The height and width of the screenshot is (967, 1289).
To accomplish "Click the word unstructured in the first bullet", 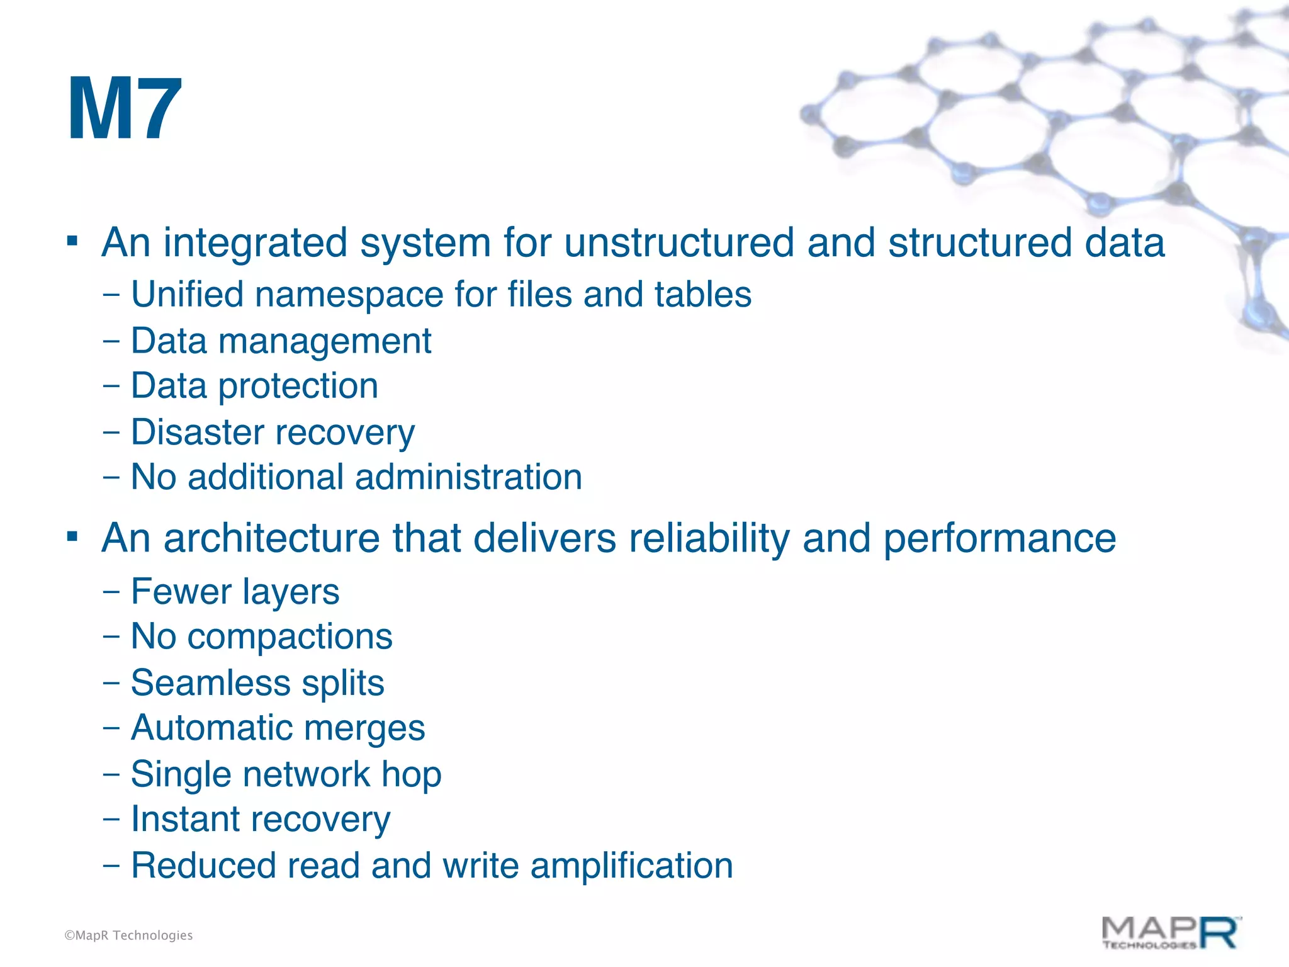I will [678, 242].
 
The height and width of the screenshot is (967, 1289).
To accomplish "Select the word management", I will [325, 342].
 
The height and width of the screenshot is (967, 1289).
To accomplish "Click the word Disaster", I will [198, 433].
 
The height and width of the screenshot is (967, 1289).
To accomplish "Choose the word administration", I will [468, 477].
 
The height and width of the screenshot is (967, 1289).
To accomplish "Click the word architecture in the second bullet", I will [271, 538].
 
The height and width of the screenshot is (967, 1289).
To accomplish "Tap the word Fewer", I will [181, 592].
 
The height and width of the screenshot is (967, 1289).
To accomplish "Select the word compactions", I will [290, 636].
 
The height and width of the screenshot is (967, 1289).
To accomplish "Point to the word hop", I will [412, 775].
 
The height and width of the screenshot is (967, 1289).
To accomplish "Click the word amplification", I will [631, 866].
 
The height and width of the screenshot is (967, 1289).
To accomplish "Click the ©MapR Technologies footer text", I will [128, 936].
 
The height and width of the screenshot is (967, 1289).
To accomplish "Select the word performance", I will [999, 539].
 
